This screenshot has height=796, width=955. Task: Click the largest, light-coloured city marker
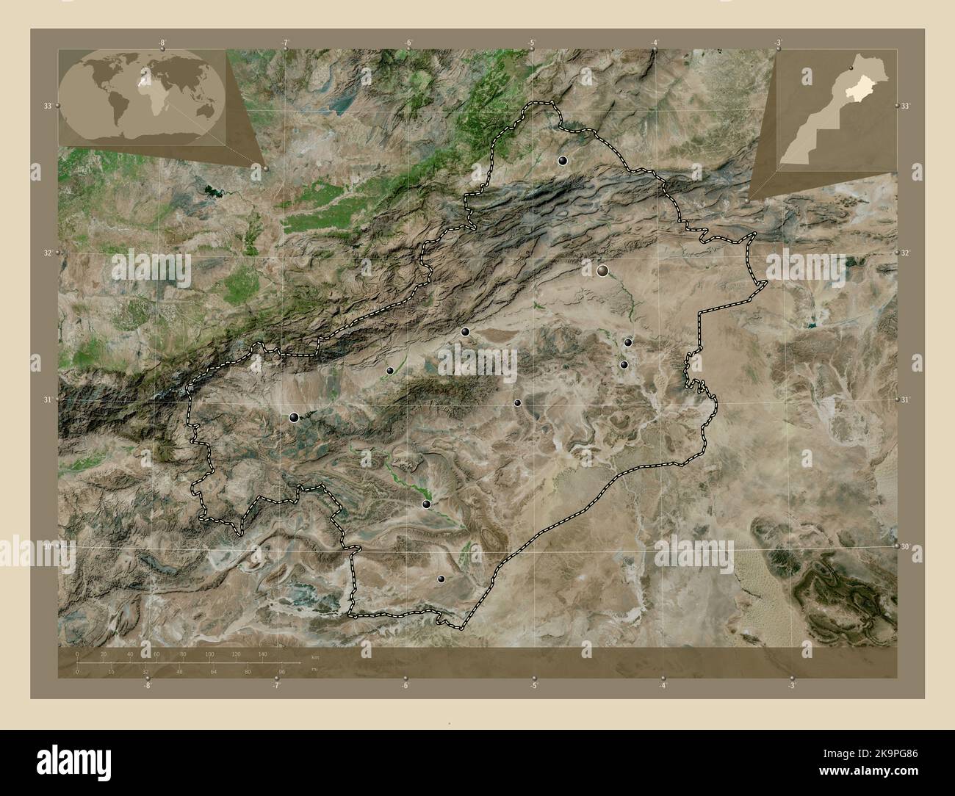(x=603, y=271)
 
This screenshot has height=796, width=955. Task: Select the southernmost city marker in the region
(x=441, y=579)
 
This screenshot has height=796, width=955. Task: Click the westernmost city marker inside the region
(x=295, y=418)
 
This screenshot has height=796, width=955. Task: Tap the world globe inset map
(x=144, y=97)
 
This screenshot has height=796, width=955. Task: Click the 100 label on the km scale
(x=209, y=654)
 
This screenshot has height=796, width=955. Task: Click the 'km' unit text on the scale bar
(x=315, y=656)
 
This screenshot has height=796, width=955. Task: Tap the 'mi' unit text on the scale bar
(x=314, y=670)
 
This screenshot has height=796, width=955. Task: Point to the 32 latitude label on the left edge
(x=47, y=253)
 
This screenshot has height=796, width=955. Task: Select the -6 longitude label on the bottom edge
(x=405, y=685)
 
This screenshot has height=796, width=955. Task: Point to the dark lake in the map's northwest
(x=212, y=192)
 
